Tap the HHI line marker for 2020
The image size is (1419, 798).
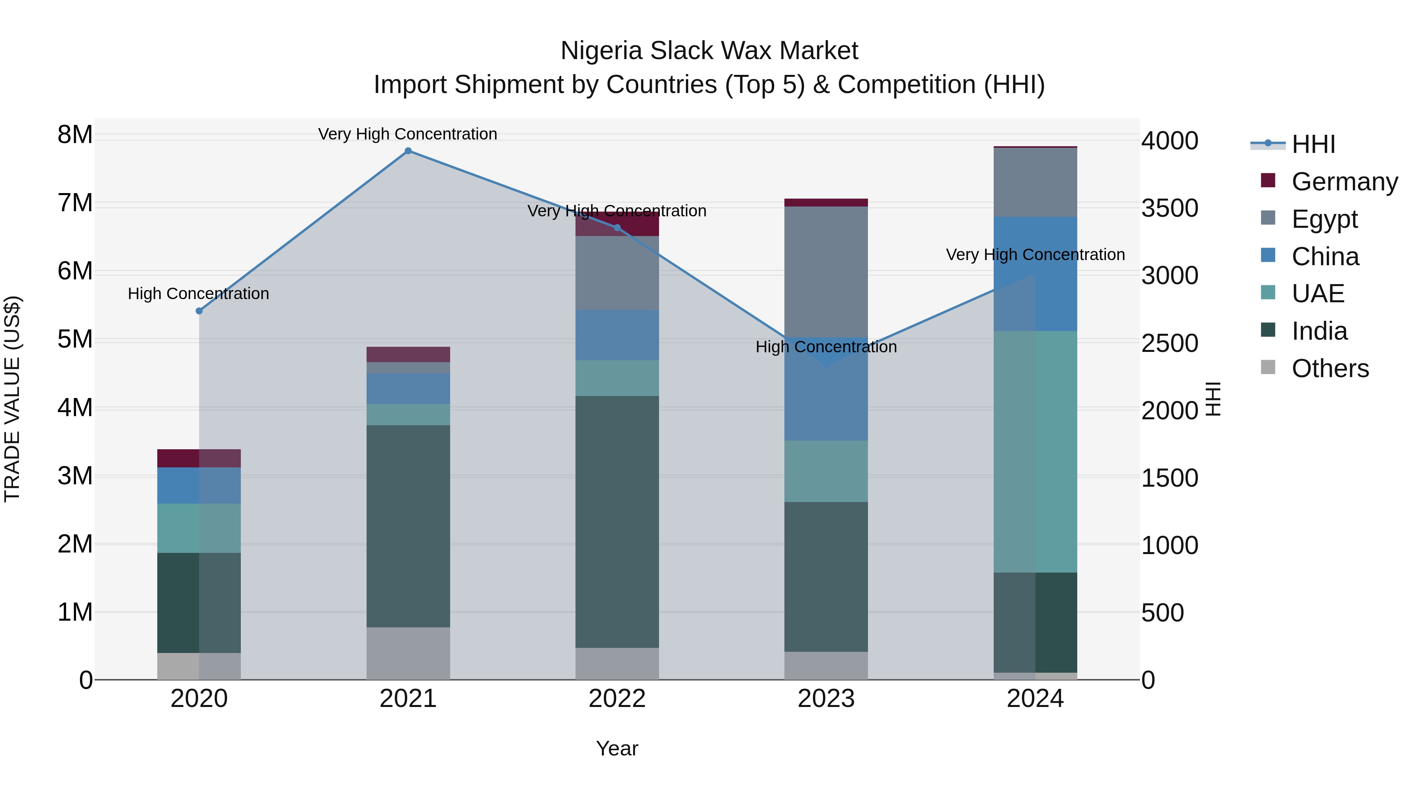pos(199,311)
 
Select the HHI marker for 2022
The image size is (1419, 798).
pos(617,228)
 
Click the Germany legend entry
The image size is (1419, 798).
pos(1344,182)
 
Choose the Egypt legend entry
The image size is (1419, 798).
pos(1324,219)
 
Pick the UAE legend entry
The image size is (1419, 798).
pos(1318,294)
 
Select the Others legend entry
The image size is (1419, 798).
pos(1330,368)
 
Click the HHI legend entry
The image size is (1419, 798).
pos(1313,144)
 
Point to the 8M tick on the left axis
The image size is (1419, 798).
pos(75,135)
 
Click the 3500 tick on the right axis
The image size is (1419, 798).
pos(1169,208)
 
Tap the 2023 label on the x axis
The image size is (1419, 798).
pos(826,699)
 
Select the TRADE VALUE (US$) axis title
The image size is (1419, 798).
pos(12,399)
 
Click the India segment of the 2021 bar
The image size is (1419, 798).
pos(408,526)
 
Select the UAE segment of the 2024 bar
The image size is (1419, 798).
pos(1035,452)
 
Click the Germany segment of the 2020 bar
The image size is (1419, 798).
pos(199,458)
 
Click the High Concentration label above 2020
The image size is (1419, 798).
pos(198,294)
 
